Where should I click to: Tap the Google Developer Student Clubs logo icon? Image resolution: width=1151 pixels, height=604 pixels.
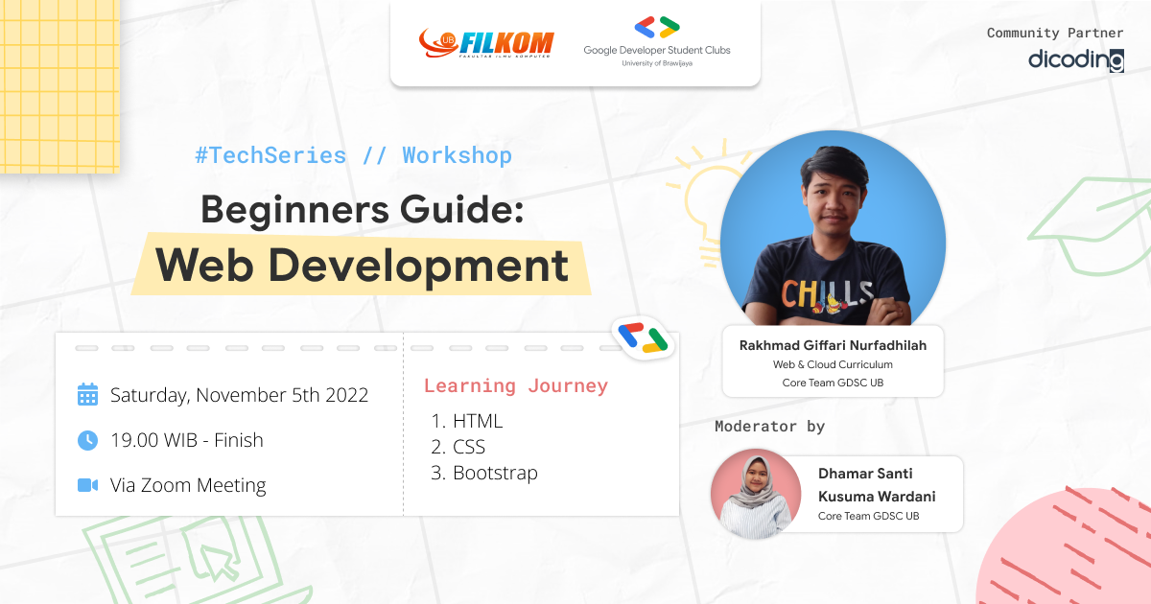(x=656, y=27)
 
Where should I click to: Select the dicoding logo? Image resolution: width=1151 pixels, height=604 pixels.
(x=1075, y=60)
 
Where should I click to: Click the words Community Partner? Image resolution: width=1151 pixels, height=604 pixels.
(x=1055, y=33)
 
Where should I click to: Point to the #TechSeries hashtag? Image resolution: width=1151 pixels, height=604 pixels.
(x=270, y=155)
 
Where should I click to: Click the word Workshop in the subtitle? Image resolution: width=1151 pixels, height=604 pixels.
(x=457, y=155)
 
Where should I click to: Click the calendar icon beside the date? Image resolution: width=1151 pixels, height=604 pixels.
(x=87, y=395)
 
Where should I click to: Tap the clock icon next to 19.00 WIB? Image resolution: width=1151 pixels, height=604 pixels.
(x=87, y=440)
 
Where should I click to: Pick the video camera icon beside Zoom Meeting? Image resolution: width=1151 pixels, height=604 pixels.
(x=87, y=485)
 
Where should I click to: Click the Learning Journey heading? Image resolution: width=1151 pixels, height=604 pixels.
(x=516, y=385)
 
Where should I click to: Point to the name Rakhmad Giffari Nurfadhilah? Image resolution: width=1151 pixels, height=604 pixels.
(x=833, y=345)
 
